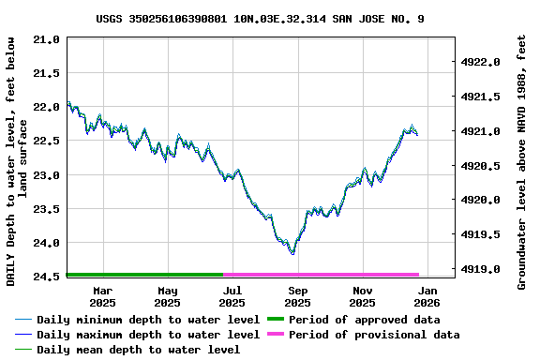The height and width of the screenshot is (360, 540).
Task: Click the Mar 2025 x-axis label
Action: coord(102,296)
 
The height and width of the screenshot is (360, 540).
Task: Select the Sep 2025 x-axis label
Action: coord(297,296)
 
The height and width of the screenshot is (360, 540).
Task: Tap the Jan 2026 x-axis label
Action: coord(427,296)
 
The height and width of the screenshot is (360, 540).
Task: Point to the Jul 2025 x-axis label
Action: coord(232,296)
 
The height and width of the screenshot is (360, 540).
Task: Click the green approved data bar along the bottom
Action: coord(145,275)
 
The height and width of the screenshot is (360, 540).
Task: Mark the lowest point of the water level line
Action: coord(293,253)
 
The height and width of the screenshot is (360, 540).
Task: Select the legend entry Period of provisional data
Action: coord(374,335)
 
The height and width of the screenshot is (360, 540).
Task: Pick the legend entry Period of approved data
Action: coord(364,320)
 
